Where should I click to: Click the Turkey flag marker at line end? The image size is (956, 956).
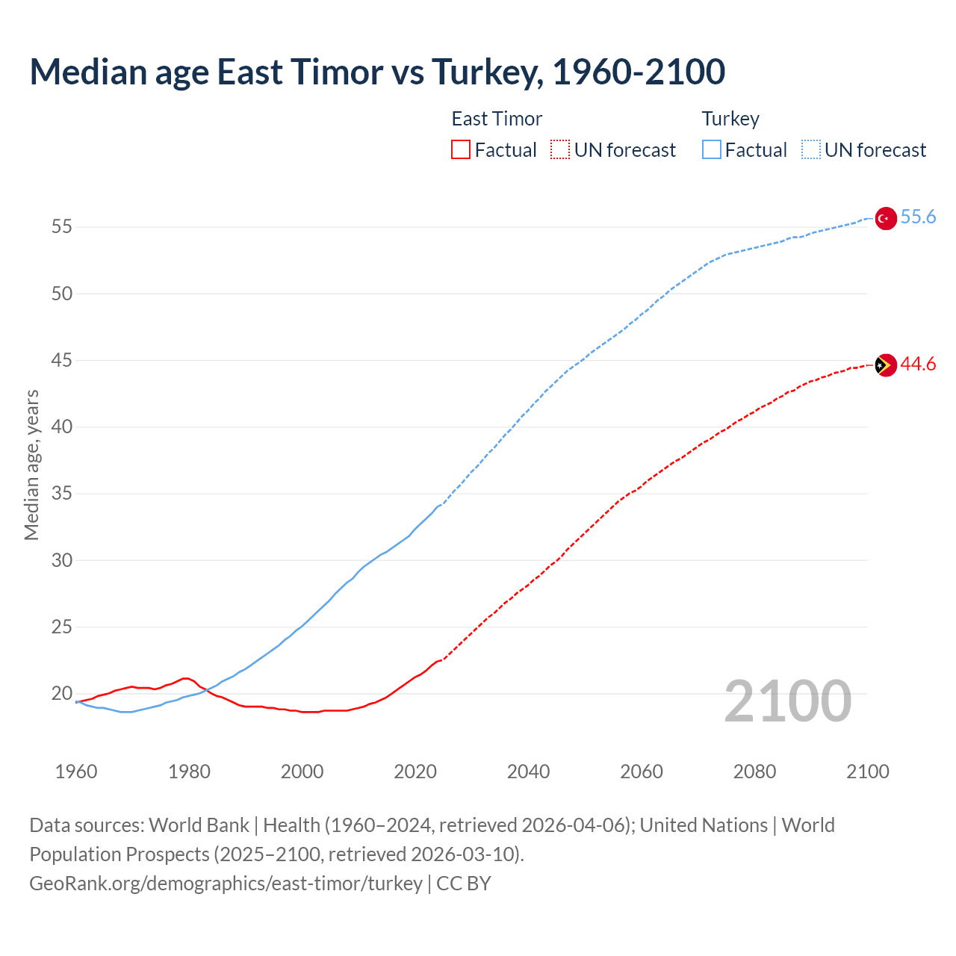[885, 218]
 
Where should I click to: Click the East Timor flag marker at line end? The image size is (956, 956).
[885, 365]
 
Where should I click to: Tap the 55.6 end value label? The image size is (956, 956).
[918, 217]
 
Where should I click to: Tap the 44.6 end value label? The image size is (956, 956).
[918, 364]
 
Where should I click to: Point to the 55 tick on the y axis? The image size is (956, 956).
[62, 227]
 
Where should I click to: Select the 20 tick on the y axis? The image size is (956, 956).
[62, 694]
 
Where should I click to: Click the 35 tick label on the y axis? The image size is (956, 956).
[62, 494]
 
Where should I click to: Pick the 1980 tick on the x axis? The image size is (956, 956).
[189, 772]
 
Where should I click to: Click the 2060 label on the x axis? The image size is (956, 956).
[642, 772]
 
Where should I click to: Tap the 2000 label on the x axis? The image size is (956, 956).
[302, 772]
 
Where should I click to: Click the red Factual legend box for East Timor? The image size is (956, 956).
[461, 150]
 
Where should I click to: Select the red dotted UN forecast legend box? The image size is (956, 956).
[560, 150]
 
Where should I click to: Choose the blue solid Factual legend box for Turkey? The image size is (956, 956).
[712, 150]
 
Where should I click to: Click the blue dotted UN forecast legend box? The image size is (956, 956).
[810, 150]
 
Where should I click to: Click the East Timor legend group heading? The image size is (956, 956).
[497, 119]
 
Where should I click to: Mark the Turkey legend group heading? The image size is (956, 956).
[730, 119]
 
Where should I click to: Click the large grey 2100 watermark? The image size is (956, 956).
[787, 701]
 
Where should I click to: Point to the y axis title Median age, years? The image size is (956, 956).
[31, 465]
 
